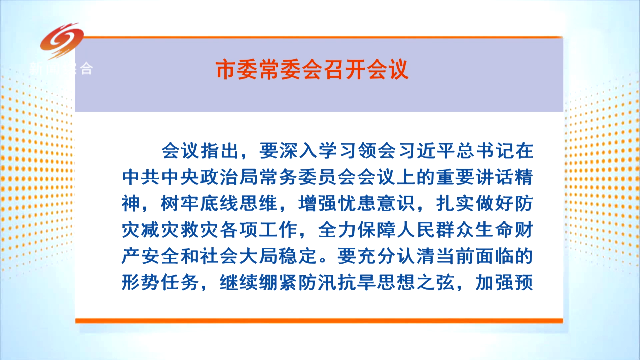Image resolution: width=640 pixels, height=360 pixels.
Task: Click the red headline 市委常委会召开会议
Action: coord(312,70)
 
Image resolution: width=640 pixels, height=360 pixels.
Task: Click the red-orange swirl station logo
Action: coord(62,40)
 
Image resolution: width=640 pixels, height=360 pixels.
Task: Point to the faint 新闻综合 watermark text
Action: coord(61,68)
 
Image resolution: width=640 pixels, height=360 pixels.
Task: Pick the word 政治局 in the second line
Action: coord(229,177)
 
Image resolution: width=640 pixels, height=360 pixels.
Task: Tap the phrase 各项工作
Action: coord(259,230)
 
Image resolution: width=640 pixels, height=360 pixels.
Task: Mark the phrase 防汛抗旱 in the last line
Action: coord(337,282)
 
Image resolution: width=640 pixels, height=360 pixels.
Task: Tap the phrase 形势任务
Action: coord(160,282)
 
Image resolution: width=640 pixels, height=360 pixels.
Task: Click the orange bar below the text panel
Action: coord(319,321)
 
